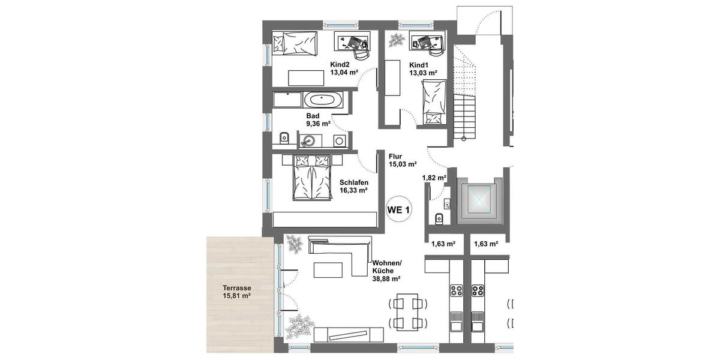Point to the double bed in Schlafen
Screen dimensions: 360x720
pos(311,178)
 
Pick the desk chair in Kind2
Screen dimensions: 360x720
pos(360,52)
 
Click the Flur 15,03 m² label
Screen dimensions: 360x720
pos(403,160)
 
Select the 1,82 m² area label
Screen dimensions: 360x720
pos(434,178)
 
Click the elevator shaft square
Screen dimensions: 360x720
pos(478,201)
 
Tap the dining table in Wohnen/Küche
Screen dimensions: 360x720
pos(407,313)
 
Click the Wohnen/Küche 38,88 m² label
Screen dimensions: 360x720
pos(387,271)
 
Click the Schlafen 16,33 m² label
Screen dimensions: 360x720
pos(353,185)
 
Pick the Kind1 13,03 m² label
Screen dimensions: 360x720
pos(422,69)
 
